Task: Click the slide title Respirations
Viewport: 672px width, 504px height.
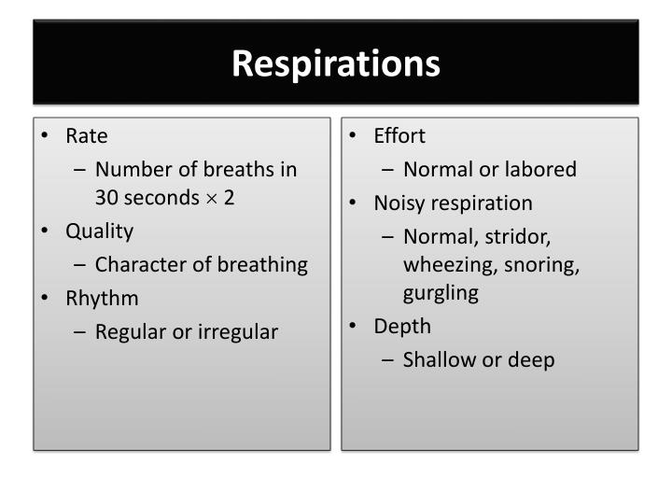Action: tap(336, 63)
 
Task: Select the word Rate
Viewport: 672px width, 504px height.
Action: tap(87, 136)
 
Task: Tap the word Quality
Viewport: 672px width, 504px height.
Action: tap(99, 231)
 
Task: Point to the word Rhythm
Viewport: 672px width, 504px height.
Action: tap(102, 299)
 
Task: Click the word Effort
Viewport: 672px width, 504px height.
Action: tap(399, 136)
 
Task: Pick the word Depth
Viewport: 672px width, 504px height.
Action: tap(402, 327)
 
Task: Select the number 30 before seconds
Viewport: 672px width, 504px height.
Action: tap(107, 198)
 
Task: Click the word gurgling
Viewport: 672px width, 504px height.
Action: tap(441, 294)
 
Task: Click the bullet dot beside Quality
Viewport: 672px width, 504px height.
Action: tap(45, 231)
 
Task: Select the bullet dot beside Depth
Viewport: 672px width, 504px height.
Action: tap(354, 326)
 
